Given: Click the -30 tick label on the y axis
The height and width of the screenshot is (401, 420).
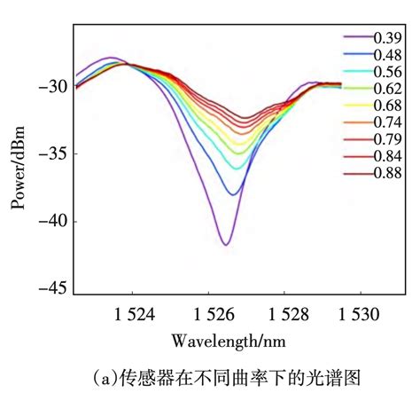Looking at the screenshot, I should pos(51,87).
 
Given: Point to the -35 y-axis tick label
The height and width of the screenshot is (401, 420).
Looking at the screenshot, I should pos(51,154).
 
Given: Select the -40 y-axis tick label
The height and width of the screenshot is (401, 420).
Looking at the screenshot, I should pos(51,222).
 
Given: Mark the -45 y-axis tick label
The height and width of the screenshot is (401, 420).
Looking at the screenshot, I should pos(51,288).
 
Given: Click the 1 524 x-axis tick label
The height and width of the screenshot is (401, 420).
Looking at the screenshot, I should pos(133,313).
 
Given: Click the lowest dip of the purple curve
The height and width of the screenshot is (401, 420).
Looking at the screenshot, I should pos(226,244).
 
